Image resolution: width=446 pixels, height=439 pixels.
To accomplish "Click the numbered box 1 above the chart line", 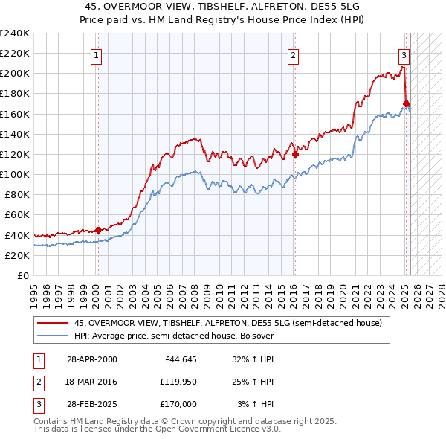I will coord(98,54).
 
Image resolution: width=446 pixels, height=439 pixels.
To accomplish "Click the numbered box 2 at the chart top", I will coord(294,54).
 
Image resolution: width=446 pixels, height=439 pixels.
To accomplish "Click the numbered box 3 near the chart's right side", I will coord(404,54).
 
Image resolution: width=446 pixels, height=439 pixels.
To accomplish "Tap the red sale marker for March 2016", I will coord(295,154).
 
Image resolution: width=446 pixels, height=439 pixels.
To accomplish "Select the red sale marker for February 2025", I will coord(406,103).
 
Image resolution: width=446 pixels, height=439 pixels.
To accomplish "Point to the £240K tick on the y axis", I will coord(15,33).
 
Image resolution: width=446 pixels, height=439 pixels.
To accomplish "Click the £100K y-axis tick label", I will coord(15,174).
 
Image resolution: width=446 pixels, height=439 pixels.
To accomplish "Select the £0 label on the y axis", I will coord(22,275).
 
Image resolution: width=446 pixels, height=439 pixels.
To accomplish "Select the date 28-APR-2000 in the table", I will coord(91,359).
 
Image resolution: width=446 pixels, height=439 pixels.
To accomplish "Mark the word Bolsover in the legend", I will coord(254,336).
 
